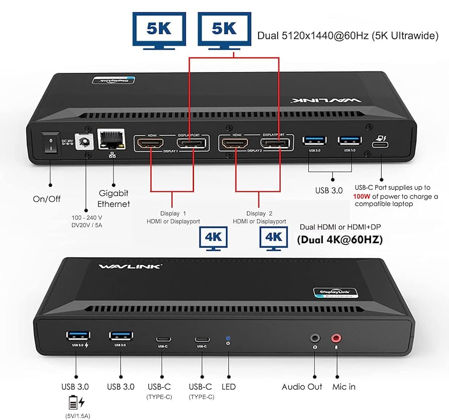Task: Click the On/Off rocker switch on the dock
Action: click(50, 143)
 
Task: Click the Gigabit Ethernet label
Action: click(113, 198)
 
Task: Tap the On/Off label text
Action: click(47, 199)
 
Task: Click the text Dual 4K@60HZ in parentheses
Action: click(340, 240)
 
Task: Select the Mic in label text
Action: click(344, 387)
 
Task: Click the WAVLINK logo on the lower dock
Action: click(130, 266)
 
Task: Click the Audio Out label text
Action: click(301, 387)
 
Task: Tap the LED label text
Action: click(229, 387)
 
